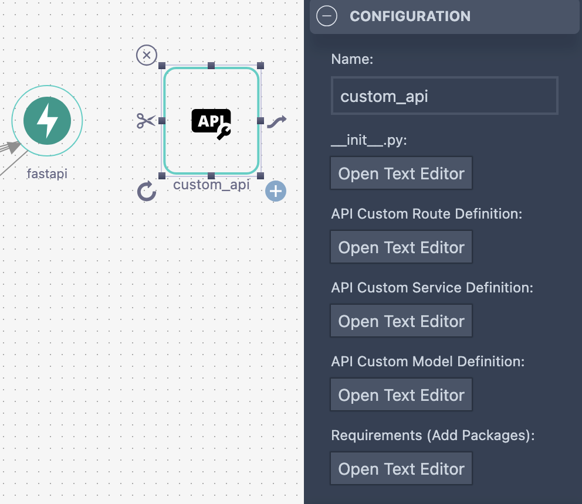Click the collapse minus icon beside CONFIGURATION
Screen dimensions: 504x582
[327, 16]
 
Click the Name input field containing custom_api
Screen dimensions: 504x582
[444, 96]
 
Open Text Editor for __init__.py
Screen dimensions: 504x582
[401, 173]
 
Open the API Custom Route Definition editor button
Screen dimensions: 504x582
[401, 247]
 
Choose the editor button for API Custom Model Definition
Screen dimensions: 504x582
[401, 395]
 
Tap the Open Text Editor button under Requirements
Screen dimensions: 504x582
[401, 469]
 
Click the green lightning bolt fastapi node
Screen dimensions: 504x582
[47, 121]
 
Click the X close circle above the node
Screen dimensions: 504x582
[146, 56]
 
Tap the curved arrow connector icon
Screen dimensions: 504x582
[277, 121]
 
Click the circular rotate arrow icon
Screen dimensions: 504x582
[147, 191]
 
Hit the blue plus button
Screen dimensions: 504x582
[276, 191]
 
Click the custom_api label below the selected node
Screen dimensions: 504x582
[211, 185]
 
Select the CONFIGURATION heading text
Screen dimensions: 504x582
[410, 16]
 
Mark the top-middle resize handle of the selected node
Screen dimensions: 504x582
[211, 66]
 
